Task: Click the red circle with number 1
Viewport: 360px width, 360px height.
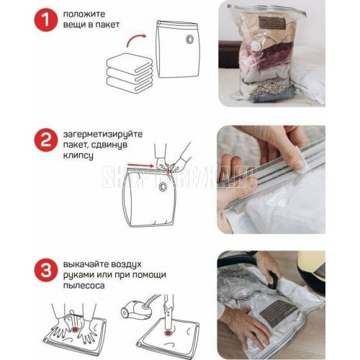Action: point(46,19)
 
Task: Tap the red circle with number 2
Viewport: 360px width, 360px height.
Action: point(46,140)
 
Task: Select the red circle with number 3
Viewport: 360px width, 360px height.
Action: point(46,270)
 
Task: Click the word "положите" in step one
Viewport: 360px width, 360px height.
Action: point(84,14)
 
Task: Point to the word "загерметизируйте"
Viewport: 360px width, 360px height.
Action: point(103,135)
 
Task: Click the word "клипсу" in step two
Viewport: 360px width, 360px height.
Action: point(78,156)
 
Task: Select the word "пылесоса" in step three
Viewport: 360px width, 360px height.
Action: point(84,286)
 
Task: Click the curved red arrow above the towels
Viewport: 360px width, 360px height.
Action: point(136,40)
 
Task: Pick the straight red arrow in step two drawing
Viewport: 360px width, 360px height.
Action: point(140,166)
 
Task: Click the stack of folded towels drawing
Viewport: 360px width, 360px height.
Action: point(130,72)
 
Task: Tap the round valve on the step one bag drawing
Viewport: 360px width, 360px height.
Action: point(190,39)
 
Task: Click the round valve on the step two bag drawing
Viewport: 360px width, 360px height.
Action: point(164,186)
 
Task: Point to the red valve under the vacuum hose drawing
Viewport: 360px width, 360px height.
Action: point(167,333)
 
